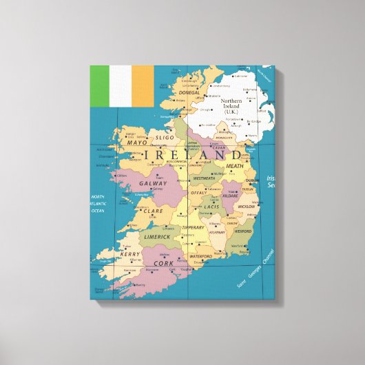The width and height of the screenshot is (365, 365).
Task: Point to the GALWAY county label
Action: [152, 184]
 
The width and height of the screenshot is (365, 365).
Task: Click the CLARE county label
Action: [154, 211]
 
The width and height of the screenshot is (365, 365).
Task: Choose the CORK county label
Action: [163, 263]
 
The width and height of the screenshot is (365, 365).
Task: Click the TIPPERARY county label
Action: [193, 227]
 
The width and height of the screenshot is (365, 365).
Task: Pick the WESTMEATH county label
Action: [204, 178]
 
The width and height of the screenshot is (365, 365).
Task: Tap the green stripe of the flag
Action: [101, 86]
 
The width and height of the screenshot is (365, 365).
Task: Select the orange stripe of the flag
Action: [143, 86]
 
